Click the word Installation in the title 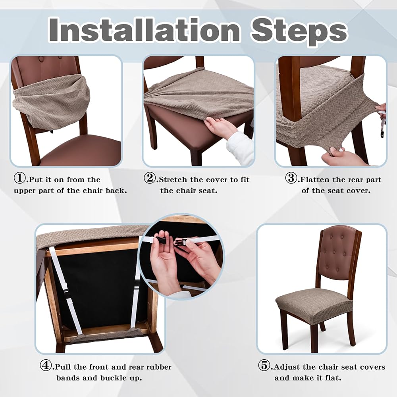point(144,30)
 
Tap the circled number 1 point(20,178)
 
